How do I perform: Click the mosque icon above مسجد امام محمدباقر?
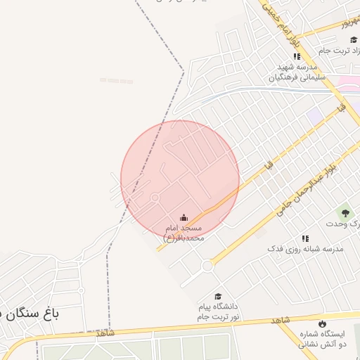pyautogui.click(x=184, y=217)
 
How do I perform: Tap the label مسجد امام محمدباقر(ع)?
pyautogui.click(x=184, y=233)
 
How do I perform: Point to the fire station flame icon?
pyautogui.click(x=322, y=323)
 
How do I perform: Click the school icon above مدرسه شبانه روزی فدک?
pyautogui.click(x=305, y=239)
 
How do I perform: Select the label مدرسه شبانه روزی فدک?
pyautogui.click(x=304, y=250)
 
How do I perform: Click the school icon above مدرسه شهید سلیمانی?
pyautogui.click(x=297, y=56)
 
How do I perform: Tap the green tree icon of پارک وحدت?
pyautogui.click(x=345, y=212)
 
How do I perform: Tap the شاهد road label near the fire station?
pyautogui.click(x=280, y=321)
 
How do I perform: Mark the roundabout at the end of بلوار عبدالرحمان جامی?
pyautogui.click(x=207, y=266)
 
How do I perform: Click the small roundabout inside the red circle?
pyautogui.click(x=155, y=198)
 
